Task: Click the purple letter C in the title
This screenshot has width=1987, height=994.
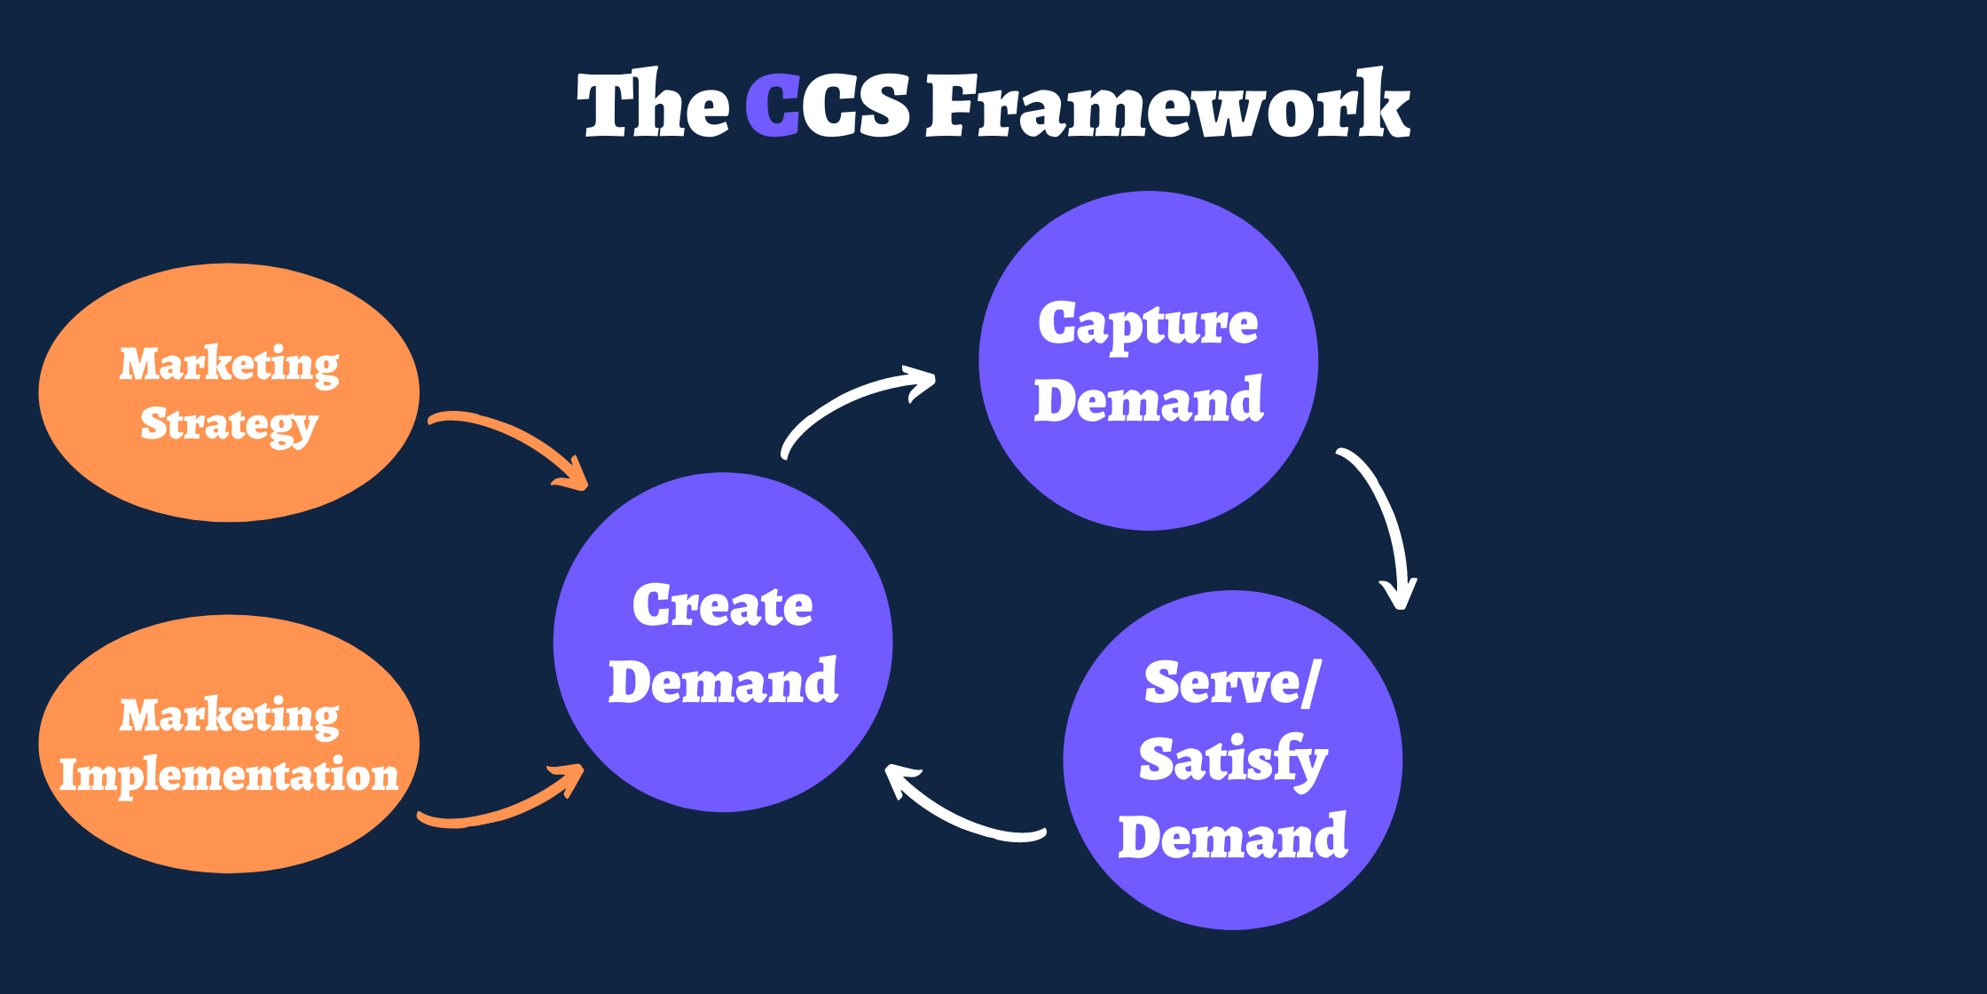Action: (773, 106)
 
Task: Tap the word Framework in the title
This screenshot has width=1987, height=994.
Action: (1167, 106)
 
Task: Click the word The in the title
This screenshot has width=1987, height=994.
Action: (653, 106)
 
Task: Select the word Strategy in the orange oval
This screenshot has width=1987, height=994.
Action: (229, 425)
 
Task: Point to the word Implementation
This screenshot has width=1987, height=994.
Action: (229, 775)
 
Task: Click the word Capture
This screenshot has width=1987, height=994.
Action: (1148, 325)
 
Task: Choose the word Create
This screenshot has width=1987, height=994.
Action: (722, 606)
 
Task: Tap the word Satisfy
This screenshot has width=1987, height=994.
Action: (1233, 761)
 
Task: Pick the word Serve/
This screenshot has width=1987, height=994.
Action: (1233, 683)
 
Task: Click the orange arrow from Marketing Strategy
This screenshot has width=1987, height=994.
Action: (510, 440)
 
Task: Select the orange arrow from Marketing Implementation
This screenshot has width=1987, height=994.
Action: (506, 803)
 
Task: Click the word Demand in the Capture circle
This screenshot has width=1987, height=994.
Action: (1149, 401)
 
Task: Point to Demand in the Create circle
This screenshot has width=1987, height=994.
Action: (723, 682)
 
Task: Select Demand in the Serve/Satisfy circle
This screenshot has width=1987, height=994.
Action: (1233, 837)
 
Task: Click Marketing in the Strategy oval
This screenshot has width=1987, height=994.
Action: (229, 365)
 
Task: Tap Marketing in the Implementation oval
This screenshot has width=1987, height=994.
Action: (229, 715)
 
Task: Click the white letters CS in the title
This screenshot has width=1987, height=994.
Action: (856, 106)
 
